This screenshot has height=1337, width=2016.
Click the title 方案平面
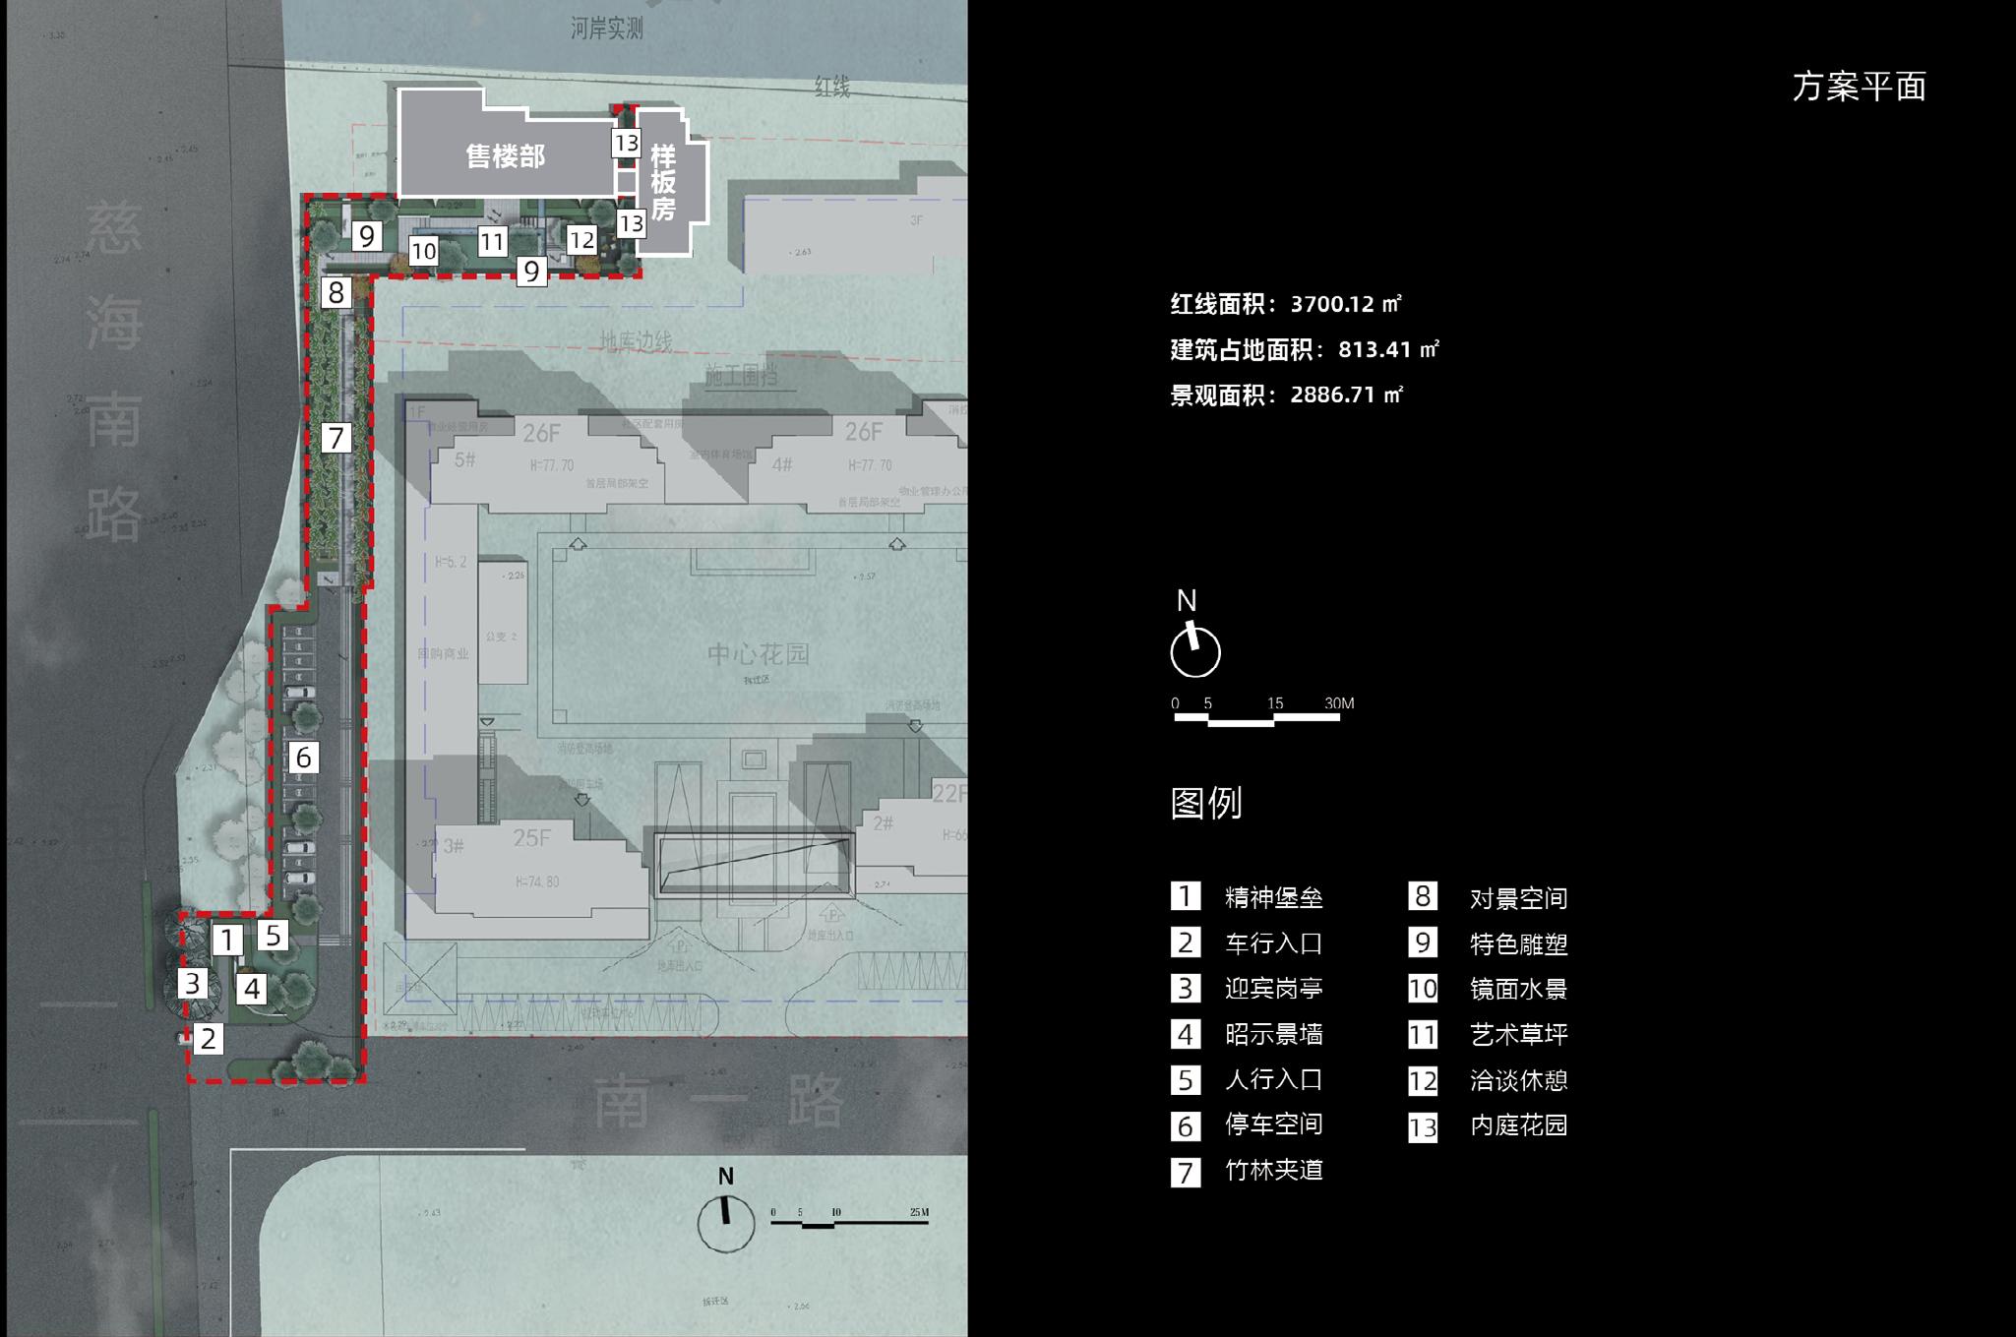pyautogui.click(x=1859, y=87)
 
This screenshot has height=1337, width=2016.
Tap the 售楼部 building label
pyautogui.click(x=505, y=156)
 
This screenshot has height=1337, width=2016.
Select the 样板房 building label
pyautogui.click(x=663, y=183)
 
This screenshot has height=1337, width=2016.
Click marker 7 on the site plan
pyautogui.click(x=336, y=437)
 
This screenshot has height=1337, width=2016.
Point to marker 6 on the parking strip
pyautogui.click(x=303, y=757)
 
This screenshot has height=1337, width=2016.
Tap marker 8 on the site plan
pyautogui.click(x=336, y=292)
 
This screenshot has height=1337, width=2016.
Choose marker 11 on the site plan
pyautogui.click(x=492, y=241)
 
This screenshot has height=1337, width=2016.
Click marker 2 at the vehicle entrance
pyautogui.click(x=208, y=1038)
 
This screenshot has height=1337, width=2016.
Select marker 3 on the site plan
pyautogui.click(x=193, y=983)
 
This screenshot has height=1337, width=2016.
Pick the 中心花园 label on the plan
pyautogui.click(x=758, y=654)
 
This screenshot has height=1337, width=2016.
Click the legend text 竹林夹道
pyautogui.click(x=1273, y=1170)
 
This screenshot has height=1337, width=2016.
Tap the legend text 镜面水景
pyautogui.click(x=1518, y=989)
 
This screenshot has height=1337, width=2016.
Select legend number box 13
pyautogui.click(x=1423, y=1126)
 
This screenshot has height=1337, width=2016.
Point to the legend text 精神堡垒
pyautogui.click(x=1273, y=897)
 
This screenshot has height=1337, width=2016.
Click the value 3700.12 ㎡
pyautogui.click(x=1346, y=304)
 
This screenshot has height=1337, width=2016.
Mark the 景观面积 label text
pyautogui.click(x=1218, y=395)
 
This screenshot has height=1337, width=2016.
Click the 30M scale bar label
pyautogui.click(x=1339, y=703)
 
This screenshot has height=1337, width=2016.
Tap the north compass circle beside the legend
pyautogui.click(x=1195, y=651)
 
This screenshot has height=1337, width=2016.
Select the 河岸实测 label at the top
pyautogui.click(x=606, y=29)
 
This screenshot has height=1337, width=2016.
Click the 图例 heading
pyautogui.click(x=1206, y=803)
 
